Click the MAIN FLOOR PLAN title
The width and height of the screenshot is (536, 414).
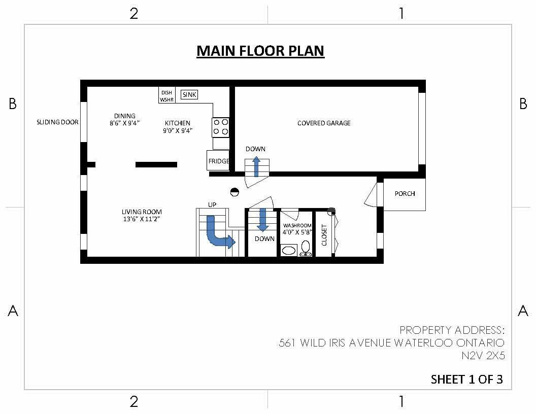[260, 51]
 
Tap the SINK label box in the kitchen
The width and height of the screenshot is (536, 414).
[189, 94]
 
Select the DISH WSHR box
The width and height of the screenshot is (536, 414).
[166, 96]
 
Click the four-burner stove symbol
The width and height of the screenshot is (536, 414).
[221, 127]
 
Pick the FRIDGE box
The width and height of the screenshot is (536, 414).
[218, 161]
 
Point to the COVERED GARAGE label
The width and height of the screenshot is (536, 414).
[324, 123]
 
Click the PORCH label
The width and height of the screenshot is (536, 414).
[405, 194]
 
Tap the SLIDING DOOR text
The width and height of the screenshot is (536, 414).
[57, 122]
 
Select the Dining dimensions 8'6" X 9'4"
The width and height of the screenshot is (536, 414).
[124, 123]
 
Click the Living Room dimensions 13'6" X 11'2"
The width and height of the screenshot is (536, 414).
[142, 219]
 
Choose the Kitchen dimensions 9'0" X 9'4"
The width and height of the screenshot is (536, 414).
[177, 130]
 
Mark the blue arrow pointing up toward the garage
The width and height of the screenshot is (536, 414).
[256, 166]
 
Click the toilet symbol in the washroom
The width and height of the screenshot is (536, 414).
[306, 248]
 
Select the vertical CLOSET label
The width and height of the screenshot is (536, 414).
[324, 235]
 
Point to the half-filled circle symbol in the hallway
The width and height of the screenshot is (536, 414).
[234, 192]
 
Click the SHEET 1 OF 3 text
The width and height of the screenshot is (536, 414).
[466, 379]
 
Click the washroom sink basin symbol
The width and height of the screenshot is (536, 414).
[289, 250]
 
